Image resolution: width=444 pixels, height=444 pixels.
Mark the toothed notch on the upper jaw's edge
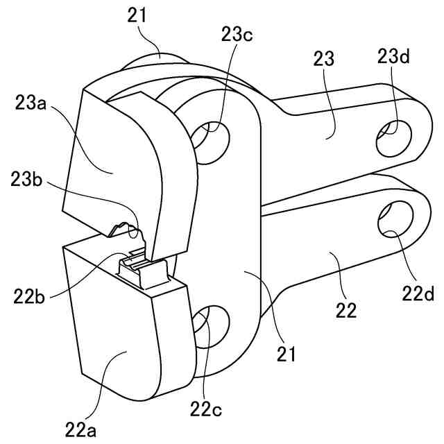point(125,229)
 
